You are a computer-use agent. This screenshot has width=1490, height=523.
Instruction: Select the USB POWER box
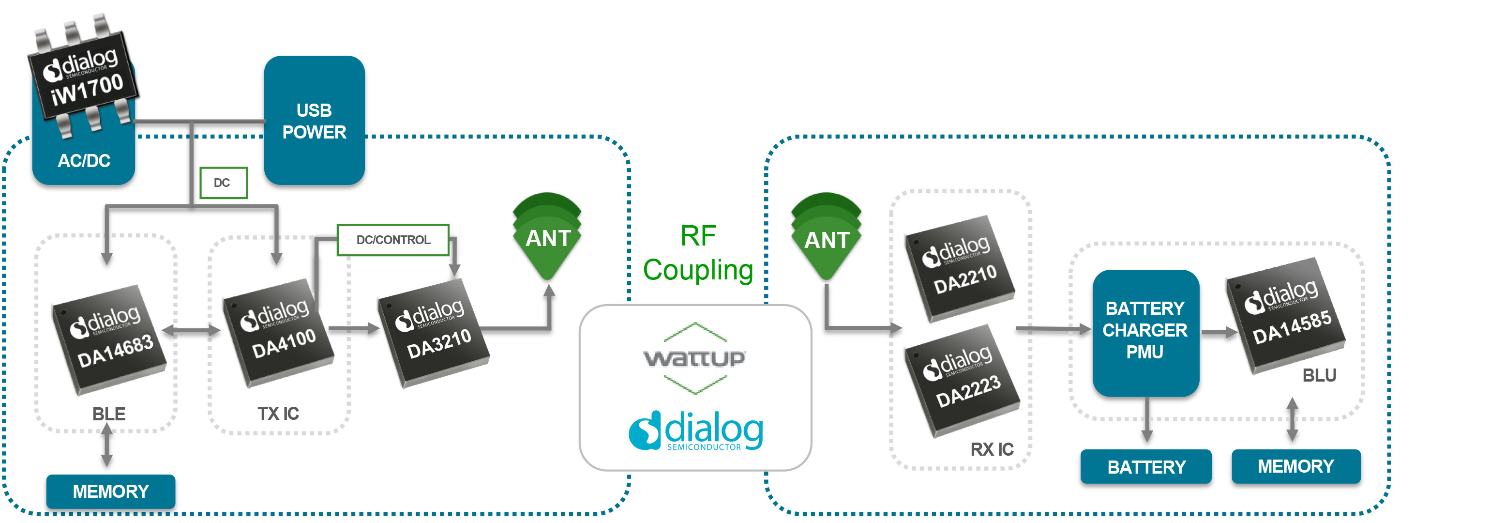click(314, 121)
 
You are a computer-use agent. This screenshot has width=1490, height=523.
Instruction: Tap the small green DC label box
click(223, 183)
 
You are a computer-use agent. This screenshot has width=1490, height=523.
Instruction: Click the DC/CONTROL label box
click(393, 240)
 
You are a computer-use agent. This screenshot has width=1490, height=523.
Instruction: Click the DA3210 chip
click(434, 333)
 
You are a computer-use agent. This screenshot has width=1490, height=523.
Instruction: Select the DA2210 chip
click(960, 268)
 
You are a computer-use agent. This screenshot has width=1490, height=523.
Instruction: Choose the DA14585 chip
click(1286, 315)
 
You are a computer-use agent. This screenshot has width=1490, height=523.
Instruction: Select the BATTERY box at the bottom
click(1146, 466)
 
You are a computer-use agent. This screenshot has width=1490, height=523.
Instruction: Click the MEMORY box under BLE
click(110, 491)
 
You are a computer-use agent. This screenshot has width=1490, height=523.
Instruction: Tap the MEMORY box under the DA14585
click(1295, 466)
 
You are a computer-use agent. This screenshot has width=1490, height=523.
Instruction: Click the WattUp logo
click(695, 358)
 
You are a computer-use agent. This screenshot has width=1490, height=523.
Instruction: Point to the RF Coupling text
click(698, 253)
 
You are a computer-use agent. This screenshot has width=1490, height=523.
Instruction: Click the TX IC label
click(278, 414)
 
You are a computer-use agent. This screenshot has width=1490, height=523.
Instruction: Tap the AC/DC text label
click(84, 160)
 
